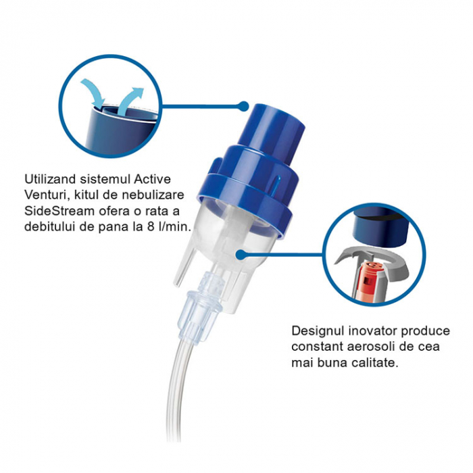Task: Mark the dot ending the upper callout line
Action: pyautogui.click(x=244, y=106)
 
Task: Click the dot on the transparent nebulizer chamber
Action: pyautogui.click(x=239, y=254)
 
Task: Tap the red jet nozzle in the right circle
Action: pyautogui.click(x=369, y=274)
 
